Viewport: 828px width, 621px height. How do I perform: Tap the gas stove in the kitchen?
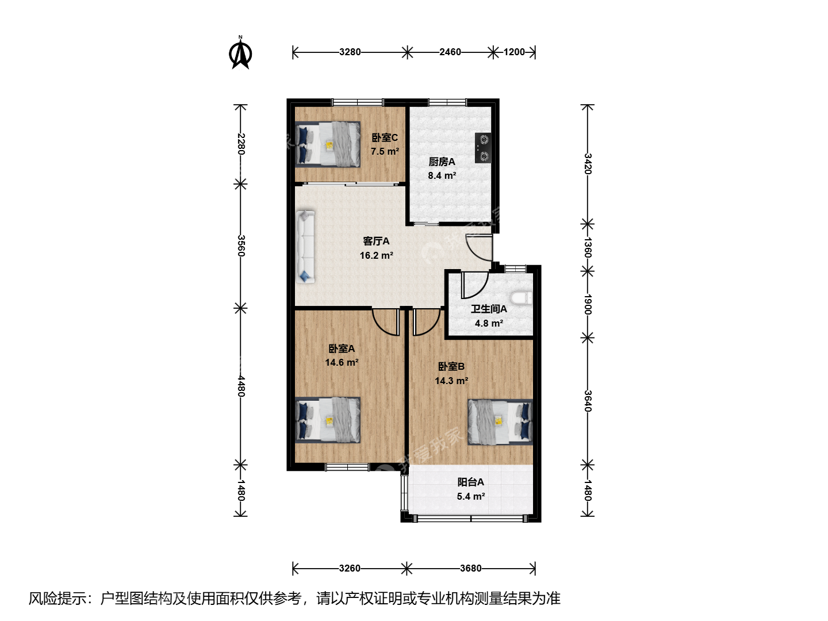click(483, 148)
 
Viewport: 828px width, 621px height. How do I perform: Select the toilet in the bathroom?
click(521, 298)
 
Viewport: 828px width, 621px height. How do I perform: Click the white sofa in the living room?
click(305, 247)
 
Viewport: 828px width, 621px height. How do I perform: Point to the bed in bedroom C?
click(327, 144)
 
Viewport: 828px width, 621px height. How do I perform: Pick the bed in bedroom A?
click(327, 420)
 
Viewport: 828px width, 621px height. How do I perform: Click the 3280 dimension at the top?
click(350, 52)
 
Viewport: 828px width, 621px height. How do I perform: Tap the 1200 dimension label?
click(514, 52)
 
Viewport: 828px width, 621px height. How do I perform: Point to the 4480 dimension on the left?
click(241, 386)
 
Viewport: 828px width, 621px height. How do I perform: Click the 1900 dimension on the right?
click(588, 304)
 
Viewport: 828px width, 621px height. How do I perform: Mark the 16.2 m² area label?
click(377, 255)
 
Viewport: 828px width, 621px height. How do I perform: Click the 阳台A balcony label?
click(470, 482)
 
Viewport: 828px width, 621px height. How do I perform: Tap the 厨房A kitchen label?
click(442, 162)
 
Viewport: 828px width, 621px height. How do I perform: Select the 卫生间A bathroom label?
click(489, 309)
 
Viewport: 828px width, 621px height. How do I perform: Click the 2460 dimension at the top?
click(450, 52)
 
